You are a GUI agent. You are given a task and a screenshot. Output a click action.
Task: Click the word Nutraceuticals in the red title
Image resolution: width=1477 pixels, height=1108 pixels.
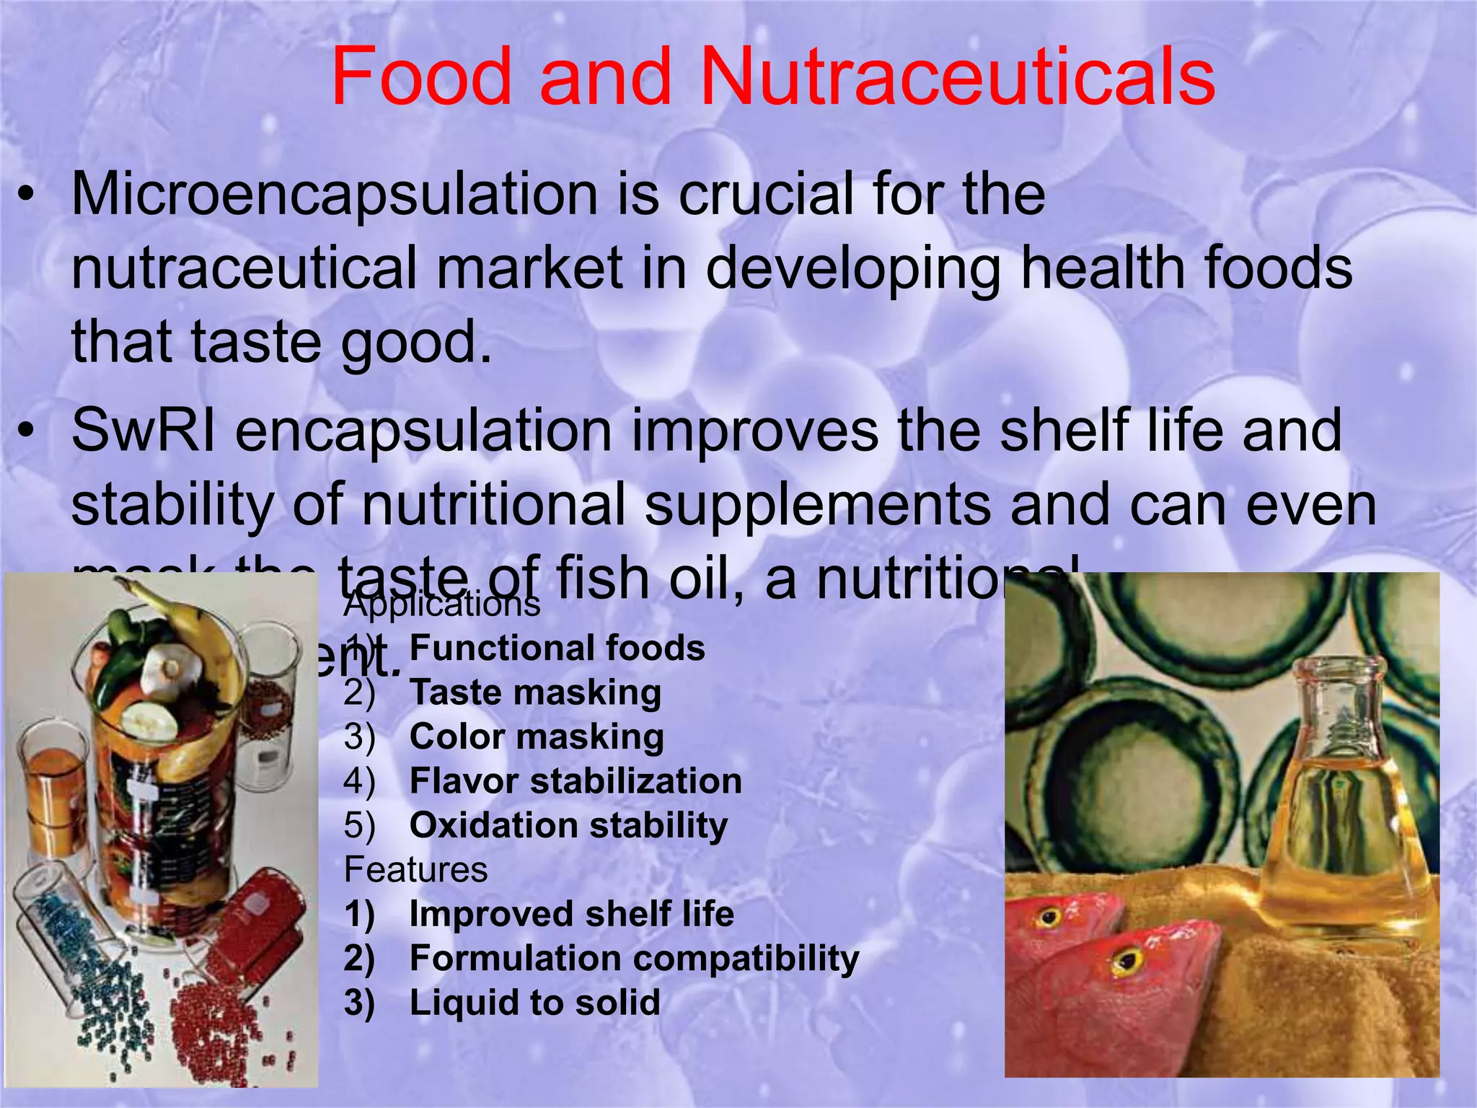tap(958, 76)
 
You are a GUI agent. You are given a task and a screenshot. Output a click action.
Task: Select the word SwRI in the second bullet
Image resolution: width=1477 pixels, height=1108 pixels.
tap(143, 431)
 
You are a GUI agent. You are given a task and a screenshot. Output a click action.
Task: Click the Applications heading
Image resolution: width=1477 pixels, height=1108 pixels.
tap(442, 604)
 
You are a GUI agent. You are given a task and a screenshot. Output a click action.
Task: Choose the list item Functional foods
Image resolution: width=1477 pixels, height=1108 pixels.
tap(557, 648)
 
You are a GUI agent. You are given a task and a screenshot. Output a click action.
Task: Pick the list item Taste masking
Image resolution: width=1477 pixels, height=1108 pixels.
tap(535, 692)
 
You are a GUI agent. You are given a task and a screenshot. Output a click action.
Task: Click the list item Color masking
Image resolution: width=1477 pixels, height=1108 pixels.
tap(537, 737)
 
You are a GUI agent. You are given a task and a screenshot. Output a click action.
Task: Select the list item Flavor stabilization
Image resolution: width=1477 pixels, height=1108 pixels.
tap(576, 781)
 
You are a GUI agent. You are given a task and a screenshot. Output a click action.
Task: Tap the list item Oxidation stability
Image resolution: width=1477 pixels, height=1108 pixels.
tap(568, 826)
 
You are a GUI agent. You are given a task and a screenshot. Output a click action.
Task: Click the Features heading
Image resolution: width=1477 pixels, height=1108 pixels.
tap(416, 870)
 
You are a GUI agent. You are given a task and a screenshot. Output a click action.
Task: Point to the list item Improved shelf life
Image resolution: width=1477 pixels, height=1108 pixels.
tap(571, 914)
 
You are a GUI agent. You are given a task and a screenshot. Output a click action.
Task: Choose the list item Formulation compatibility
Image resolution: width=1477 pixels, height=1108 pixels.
tap(634, 959)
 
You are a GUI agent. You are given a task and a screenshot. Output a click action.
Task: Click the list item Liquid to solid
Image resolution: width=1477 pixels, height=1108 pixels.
tap(534, 1003)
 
